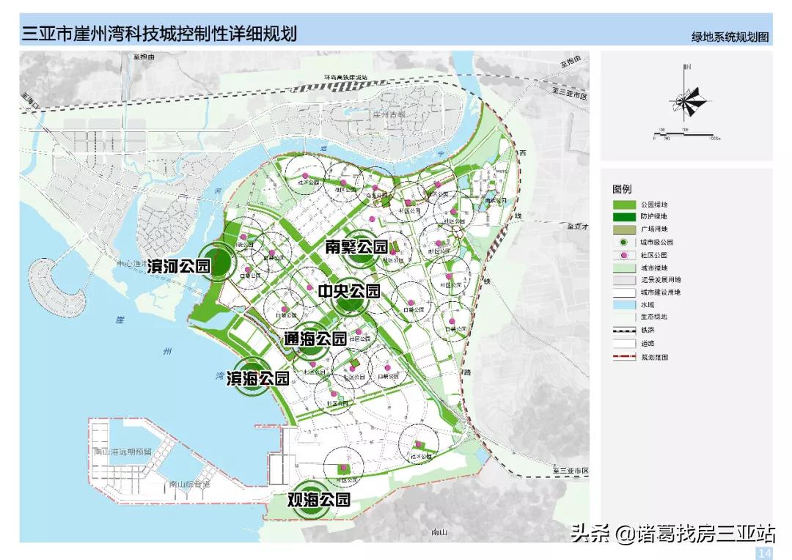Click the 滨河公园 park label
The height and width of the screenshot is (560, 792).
tap(179, 265)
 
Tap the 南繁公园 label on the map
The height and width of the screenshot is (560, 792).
tap(356, 247)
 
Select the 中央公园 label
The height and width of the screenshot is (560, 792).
tap(349, 292)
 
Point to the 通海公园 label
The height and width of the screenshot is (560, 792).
tap(315, 339)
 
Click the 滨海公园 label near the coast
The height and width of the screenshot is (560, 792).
tap(257, 378)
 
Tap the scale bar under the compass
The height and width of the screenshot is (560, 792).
tap(686, 135)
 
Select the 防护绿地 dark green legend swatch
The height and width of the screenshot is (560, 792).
tap(623, 217)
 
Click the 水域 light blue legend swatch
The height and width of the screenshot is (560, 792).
tap(623, 304)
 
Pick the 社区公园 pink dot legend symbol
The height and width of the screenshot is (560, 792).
tap(623, 255)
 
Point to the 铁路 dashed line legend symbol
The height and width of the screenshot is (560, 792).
tap(623, 331)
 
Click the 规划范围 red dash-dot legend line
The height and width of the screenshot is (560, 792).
tap(623, 357)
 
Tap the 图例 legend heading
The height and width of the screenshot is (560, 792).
tap(622, 189)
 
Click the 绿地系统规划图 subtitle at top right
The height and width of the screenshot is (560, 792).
tap(730, 37)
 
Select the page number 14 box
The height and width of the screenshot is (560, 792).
tap(764, 552)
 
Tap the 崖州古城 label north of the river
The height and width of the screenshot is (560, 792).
tap(389, 115)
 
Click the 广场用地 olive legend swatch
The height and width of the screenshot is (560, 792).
tap(623, 229)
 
